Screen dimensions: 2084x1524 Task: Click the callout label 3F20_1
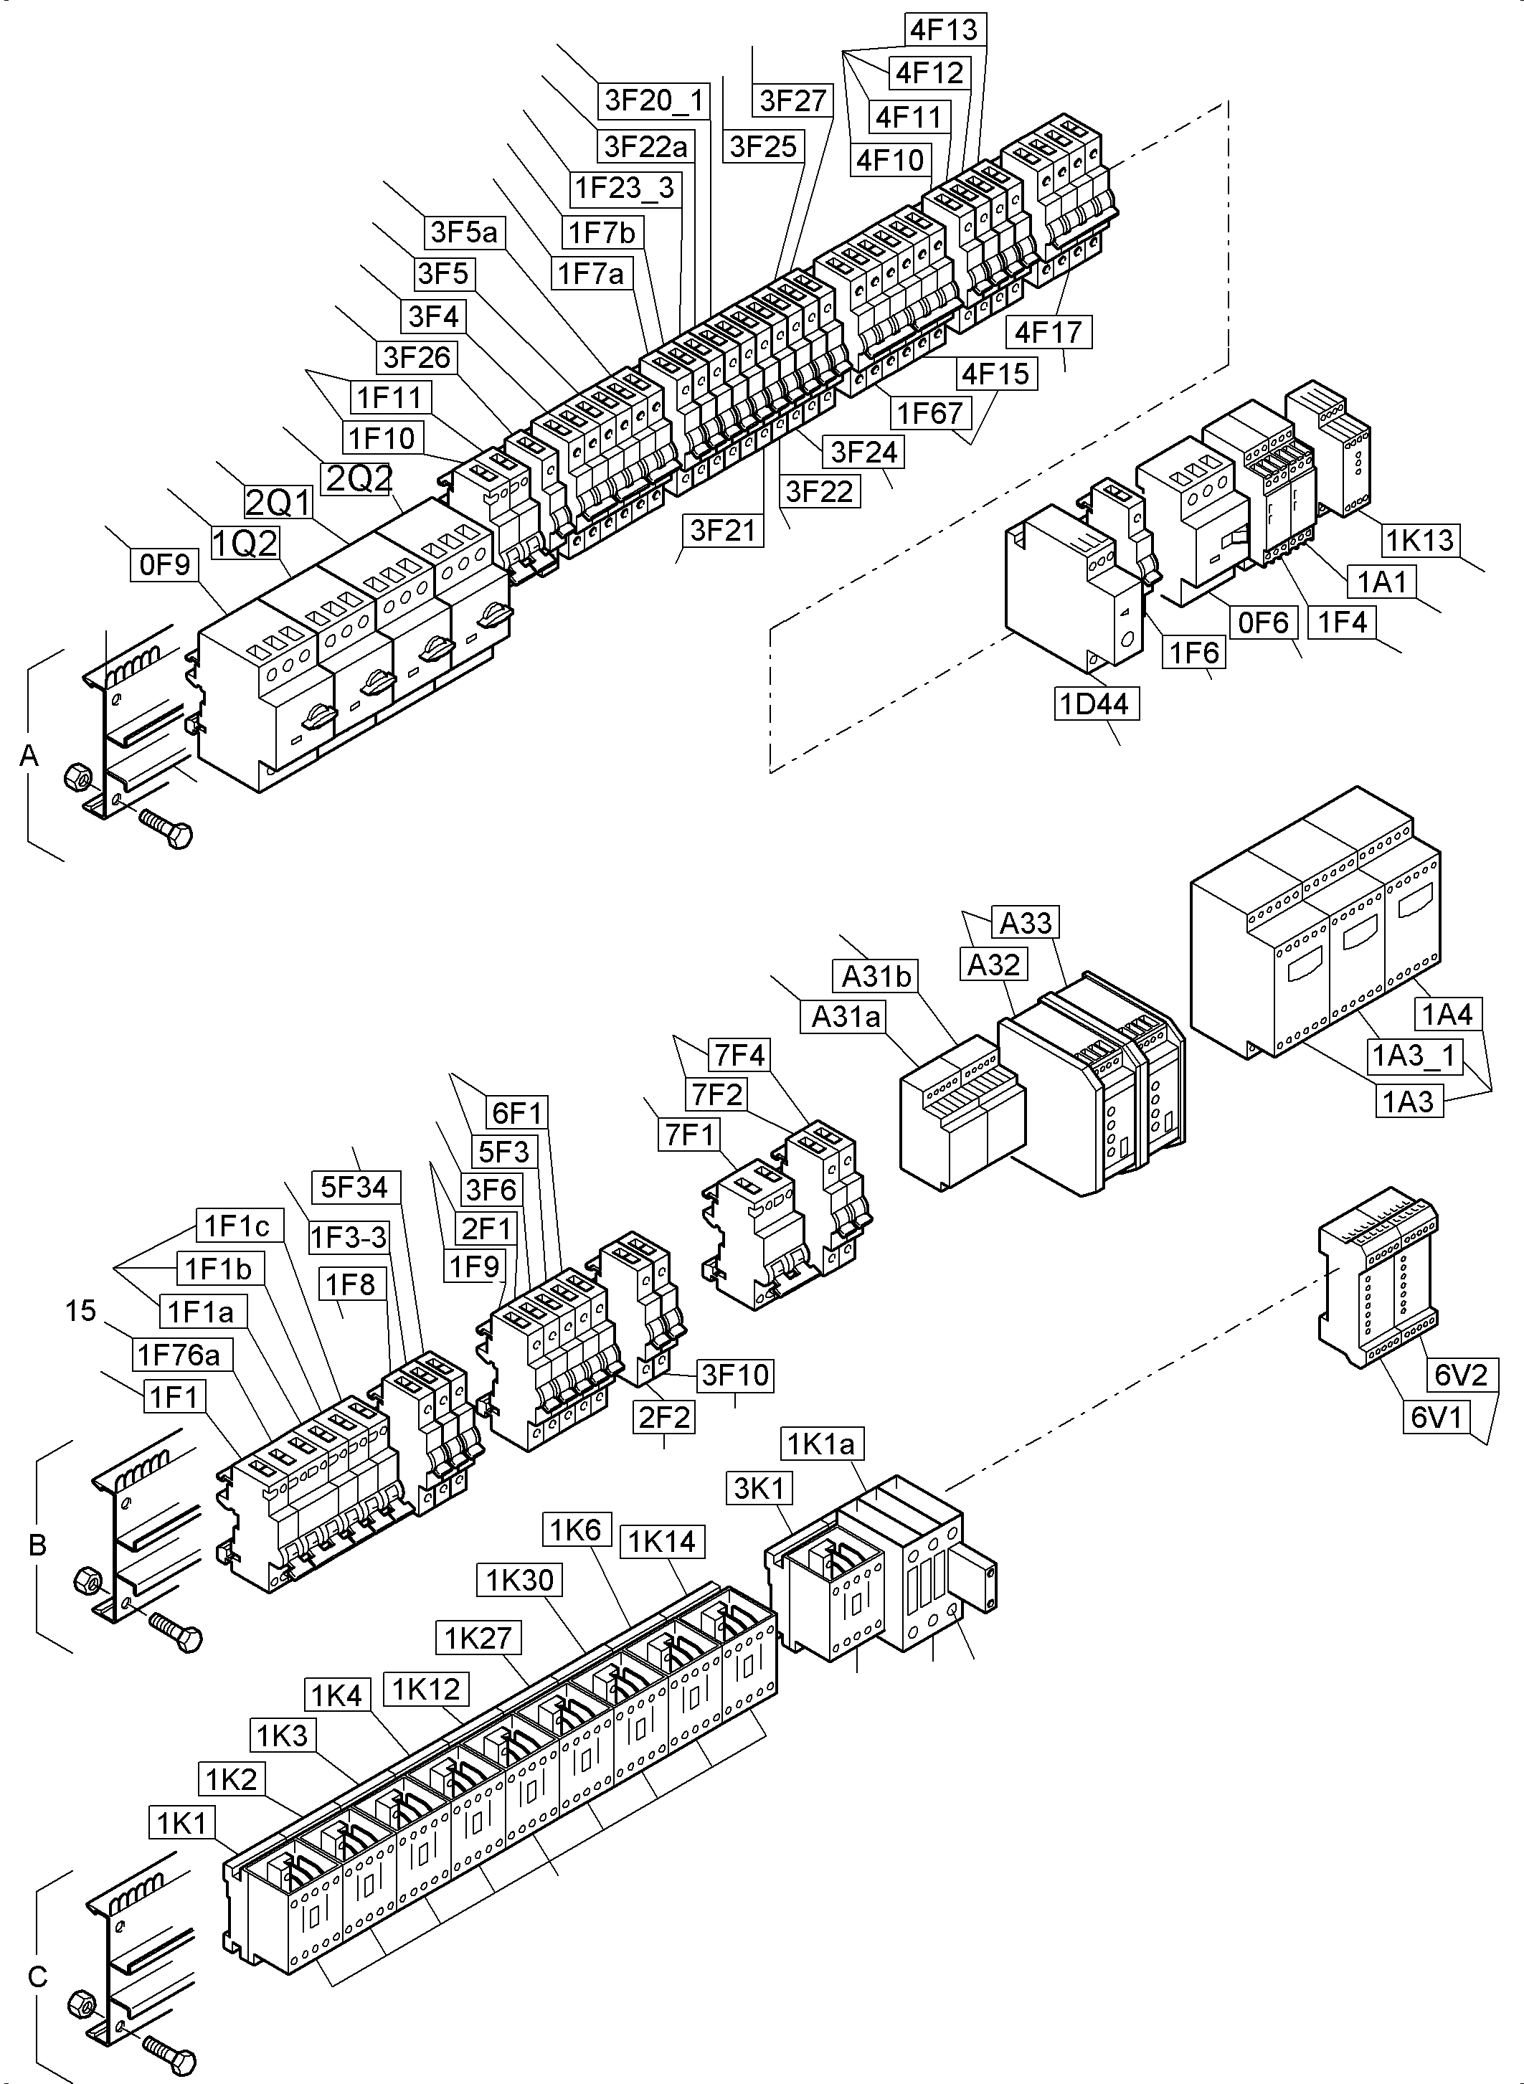coord(654,100)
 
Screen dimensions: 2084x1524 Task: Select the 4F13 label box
coord(944,30)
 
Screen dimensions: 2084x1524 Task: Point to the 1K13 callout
coord(1421,540)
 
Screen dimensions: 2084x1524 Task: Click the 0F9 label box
coord(164,564)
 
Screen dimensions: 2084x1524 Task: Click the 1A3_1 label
coord(1412,1056)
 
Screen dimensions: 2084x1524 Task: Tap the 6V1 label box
coord(1437,1416)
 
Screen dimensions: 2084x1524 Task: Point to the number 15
coord(81,1311)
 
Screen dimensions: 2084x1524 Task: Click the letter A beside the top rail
coord(29,756)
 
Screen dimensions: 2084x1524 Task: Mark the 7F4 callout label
coord(739,1054)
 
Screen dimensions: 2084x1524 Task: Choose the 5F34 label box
coord(354,1186)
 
